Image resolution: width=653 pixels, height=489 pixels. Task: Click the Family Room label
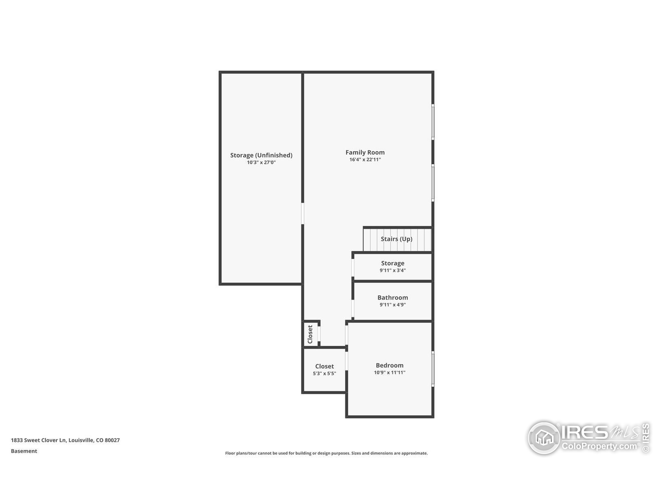[x=365, y=152]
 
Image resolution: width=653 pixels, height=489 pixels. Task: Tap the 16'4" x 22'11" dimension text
[x=365, y=160]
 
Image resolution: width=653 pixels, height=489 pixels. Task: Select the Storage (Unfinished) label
[x=261, y=155]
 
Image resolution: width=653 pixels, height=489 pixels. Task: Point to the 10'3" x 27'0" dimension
[x=261, y=162]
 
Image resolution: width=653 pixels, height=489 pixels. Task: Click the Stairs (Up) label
[x=396, y=239]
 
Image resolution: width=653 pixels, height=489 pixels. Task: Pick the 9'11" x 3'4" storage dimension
[x=392, y=270]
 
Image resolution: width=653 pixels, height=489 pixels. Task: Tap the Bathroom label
[x=392, y=298]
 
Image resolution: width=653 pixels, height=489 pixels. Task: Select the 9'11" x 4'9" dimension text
[x=392, y=305]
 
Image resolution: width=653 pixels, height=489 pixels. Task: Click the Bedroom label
[x=390, y=365]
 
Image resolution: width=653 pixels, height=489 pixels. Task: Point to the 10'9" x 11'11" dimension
[x=390, y=373]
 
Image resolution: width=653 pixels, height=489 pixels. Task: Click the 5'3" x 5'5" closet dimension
[x=324, y=374]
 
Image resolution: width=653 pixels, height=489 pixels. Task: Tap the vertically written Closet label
[x=310, y=334]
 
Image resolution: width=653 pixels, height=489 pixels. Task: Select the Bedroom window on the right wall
[x=433, y=369]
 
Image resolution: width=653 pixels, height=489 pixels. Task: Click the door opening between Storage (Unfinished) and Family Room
[x=303, y=213]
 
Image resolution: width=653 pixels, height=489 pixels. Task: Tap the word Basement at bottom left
[x=24, y=451]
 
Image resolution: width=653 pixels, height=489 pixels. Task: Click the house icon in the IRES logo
[x=544, y=438]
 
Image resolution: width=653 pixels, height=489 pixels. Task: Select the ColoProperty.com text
[x=599, y=446]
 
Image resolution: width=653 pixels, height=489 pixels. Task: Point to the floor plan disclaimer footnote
[x=326, y=453]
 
